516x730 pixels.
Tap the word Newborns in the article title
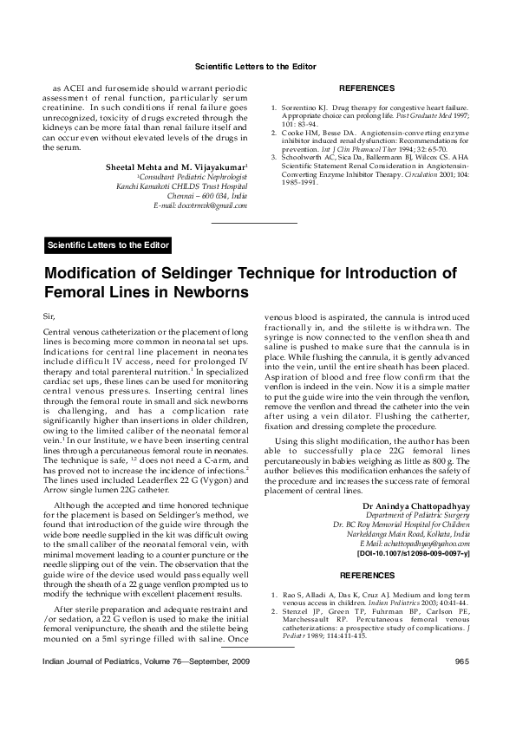click(x=202, y=294)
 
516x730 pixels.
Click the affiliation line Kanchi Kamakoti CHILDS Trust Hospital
click(x=182, y=186)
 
